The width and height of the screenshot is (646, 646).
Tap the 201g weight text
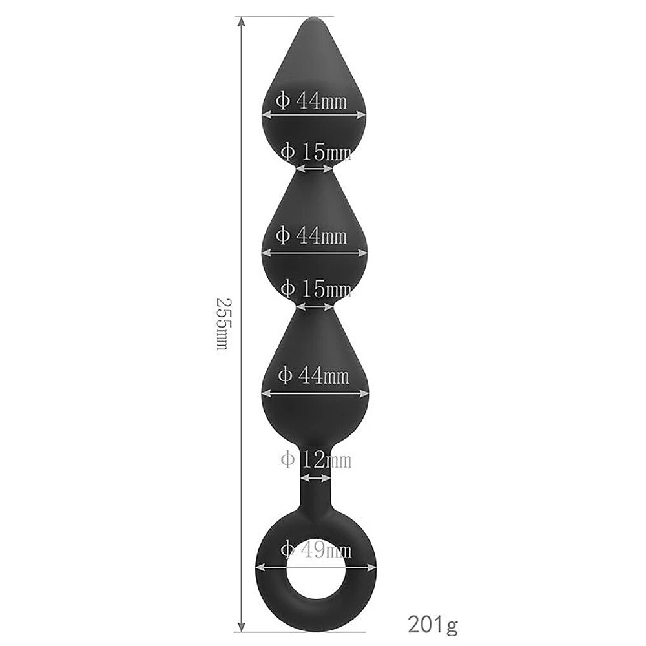[433, 625]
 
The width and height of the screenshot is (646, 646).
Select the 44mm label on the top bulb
[311, 100]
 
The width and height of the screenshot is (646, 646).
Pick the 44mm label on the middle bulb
[311, 236]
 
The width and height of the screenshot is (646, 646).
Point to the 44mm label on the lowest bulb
[313, 376]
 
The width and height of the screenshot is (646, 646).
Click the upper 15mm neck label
[316, 152]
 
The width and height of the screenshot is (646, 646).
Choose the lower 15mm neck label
[316, 289]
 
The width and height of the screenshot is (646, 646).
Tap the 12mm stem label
[316, 459]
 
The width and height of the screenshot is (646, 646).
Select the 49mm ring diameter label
[316, 550]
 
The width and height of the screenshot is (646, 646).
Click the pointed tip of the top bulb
[314, 17]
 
